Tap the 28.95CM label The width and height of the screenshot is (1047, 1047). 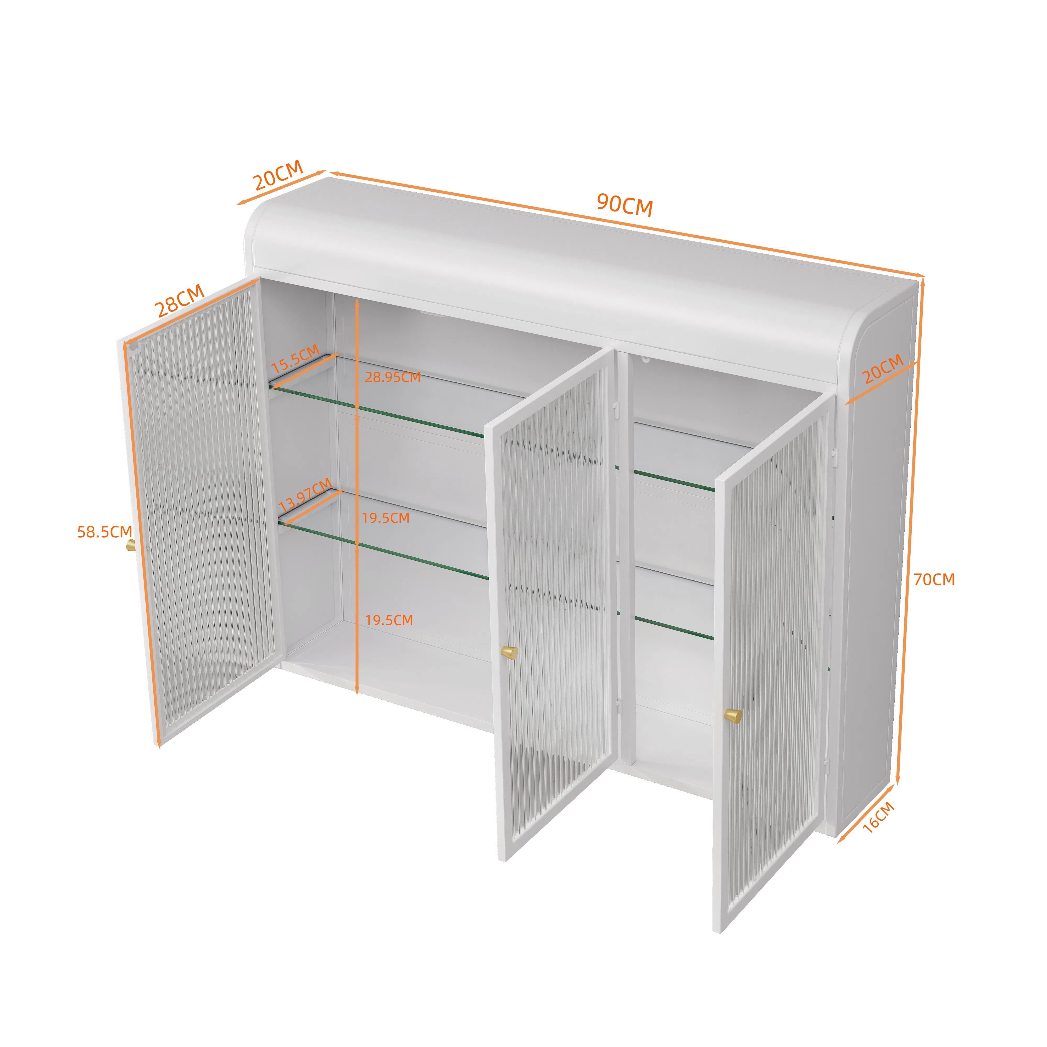[x=392, y=377]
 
